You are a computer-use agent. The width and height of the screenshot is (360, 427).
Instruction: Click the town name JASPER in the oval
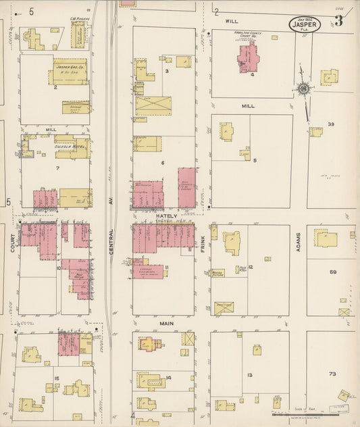tap(303, 24)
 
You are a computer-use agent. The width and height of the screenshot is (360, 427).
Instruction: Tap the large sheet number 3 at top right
tap(338, 20)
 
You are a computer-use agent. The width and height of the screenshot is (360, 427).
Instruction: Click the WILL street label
tap(230, 21)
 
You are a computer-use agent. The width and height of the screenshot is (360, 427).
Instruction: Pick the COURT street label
tap(12, 244)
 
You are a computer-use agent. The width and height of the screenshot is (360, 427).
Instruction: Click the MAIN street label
tap(167, 324)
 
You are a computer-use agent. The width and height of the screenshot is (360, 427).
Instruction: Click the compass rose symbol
tap(303, 88)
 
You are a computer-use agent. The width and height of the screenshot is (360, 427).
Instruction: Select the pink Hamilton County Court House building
tap(247, 59)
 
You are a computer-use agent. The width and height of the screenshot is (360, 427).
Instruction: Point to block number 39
tap(331, 124)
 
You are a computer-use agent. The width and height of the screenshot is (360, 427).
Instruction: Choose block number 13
tap(249, 375)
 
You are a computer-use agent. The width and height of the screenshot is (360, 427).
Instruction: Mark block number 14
tap(168, 378)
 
